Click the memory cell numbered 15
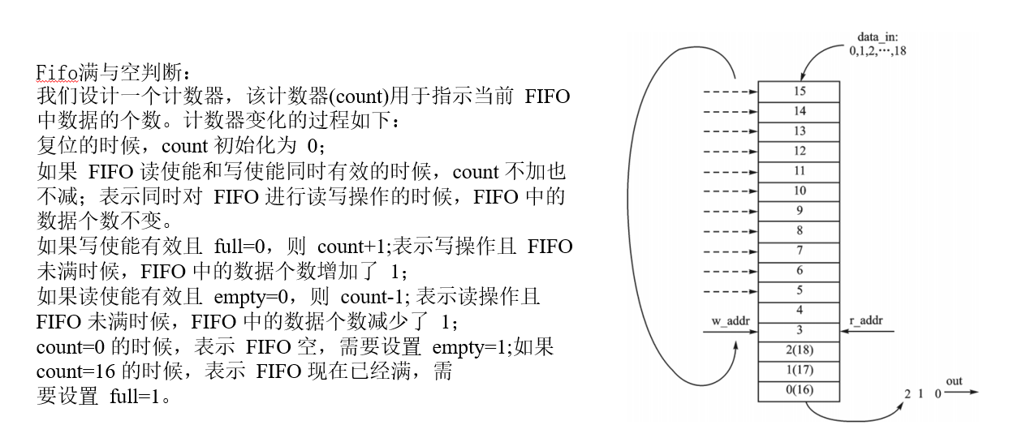(799, 92)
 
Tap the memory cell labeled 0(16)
(799, 390)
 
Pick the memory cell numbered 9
(799, 210)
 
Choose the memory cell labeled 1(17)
(799, 371)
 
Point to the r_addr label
(871, 321)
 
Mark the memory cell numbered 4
(799, 309)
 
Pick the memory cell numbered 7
(799, 250)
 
